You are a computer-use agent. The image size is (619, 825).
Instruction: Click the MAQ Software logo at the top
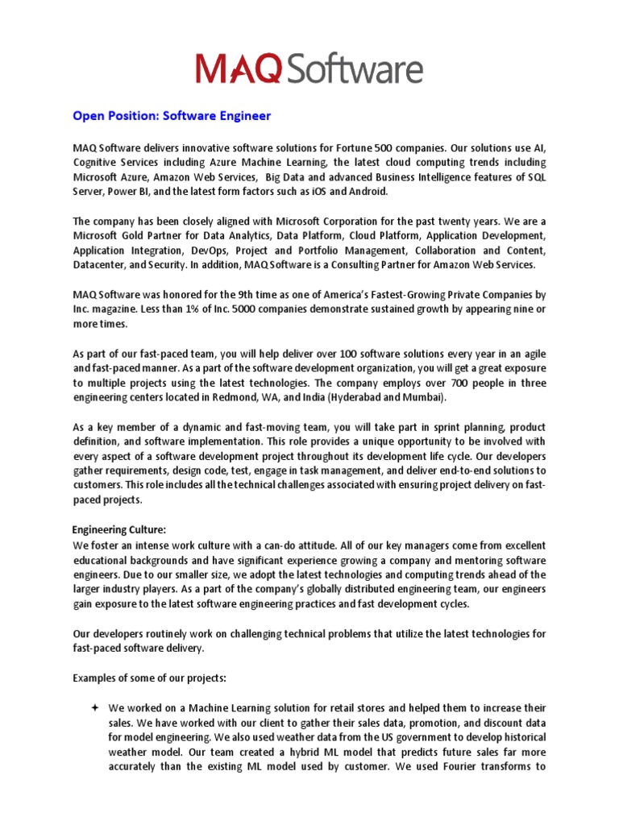tap(309, 68)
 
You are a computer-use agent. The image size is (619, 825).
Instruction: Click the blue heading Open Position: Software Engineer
tap(172, 116)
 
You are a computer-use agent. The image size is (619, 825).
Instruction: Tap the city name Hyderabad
tap(376, 397)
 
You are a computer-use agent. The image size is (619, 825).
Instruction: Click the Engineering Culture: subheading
tap(118, 529)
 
